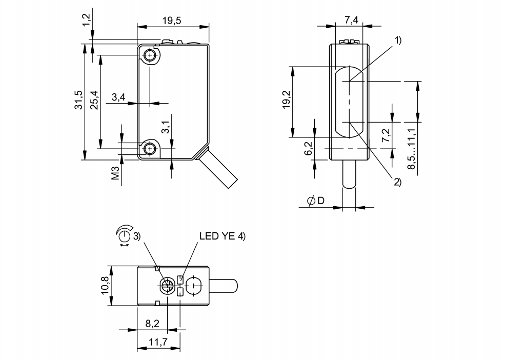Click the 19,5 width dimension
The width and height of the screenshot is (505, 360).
[172, 21]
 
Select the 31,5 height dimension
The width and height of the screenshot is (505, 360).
[78, 101]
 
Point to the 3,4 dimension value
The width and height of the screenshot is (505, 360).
[118, 97]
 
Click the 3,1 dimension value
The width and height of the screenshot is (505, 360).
[165, 127]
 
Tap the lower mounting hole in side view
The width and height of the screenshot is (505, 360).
[150, 149]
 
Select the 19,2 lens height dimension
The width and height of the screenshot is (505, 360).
[286, 101]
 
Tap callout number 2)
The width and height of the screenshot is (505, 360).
[397, 182]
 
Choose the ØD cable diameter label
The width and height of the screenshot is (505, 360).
[315, 201]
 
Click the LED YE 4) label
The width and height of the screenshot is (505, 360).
[222, 236]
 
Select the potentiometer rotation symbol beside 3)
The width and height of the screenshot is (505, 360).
[124, 235]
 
